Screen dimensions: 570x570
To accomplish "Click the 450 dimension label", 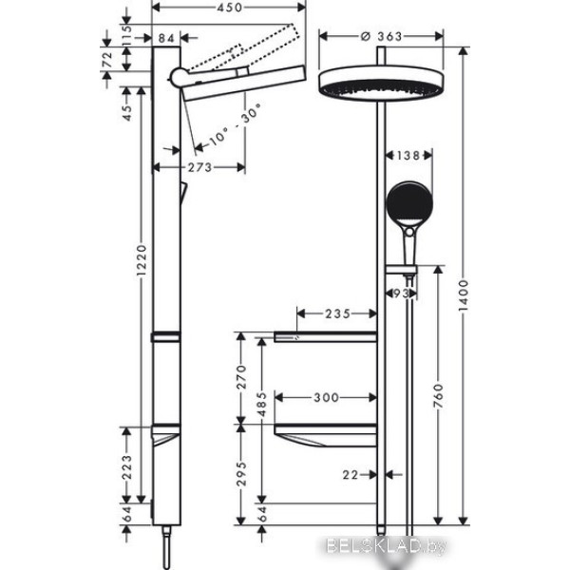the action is click(229, 8).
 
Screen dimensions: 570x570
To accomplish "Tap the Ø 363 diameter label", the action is click(382, 36).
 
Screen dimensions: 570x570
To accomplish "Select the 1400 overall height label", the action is click(464, 295).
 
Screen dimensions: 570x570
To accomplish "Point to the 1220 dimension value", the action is click(142, 260).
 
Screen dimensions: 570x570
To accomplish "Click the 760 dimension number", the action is click(439, 395).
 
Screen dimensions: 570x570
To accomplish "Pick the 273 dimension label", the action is click(199, 167).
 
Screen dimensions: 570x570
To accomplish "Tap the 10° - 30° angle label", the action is click(236, 124).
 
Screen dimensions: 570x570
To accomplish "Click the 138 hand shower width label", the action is click(408, 156).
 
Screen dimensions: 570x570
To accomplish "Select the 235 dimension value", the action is click(337, 313).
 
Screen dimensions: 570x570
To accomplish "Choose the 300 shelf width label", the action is click(326, 397).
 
